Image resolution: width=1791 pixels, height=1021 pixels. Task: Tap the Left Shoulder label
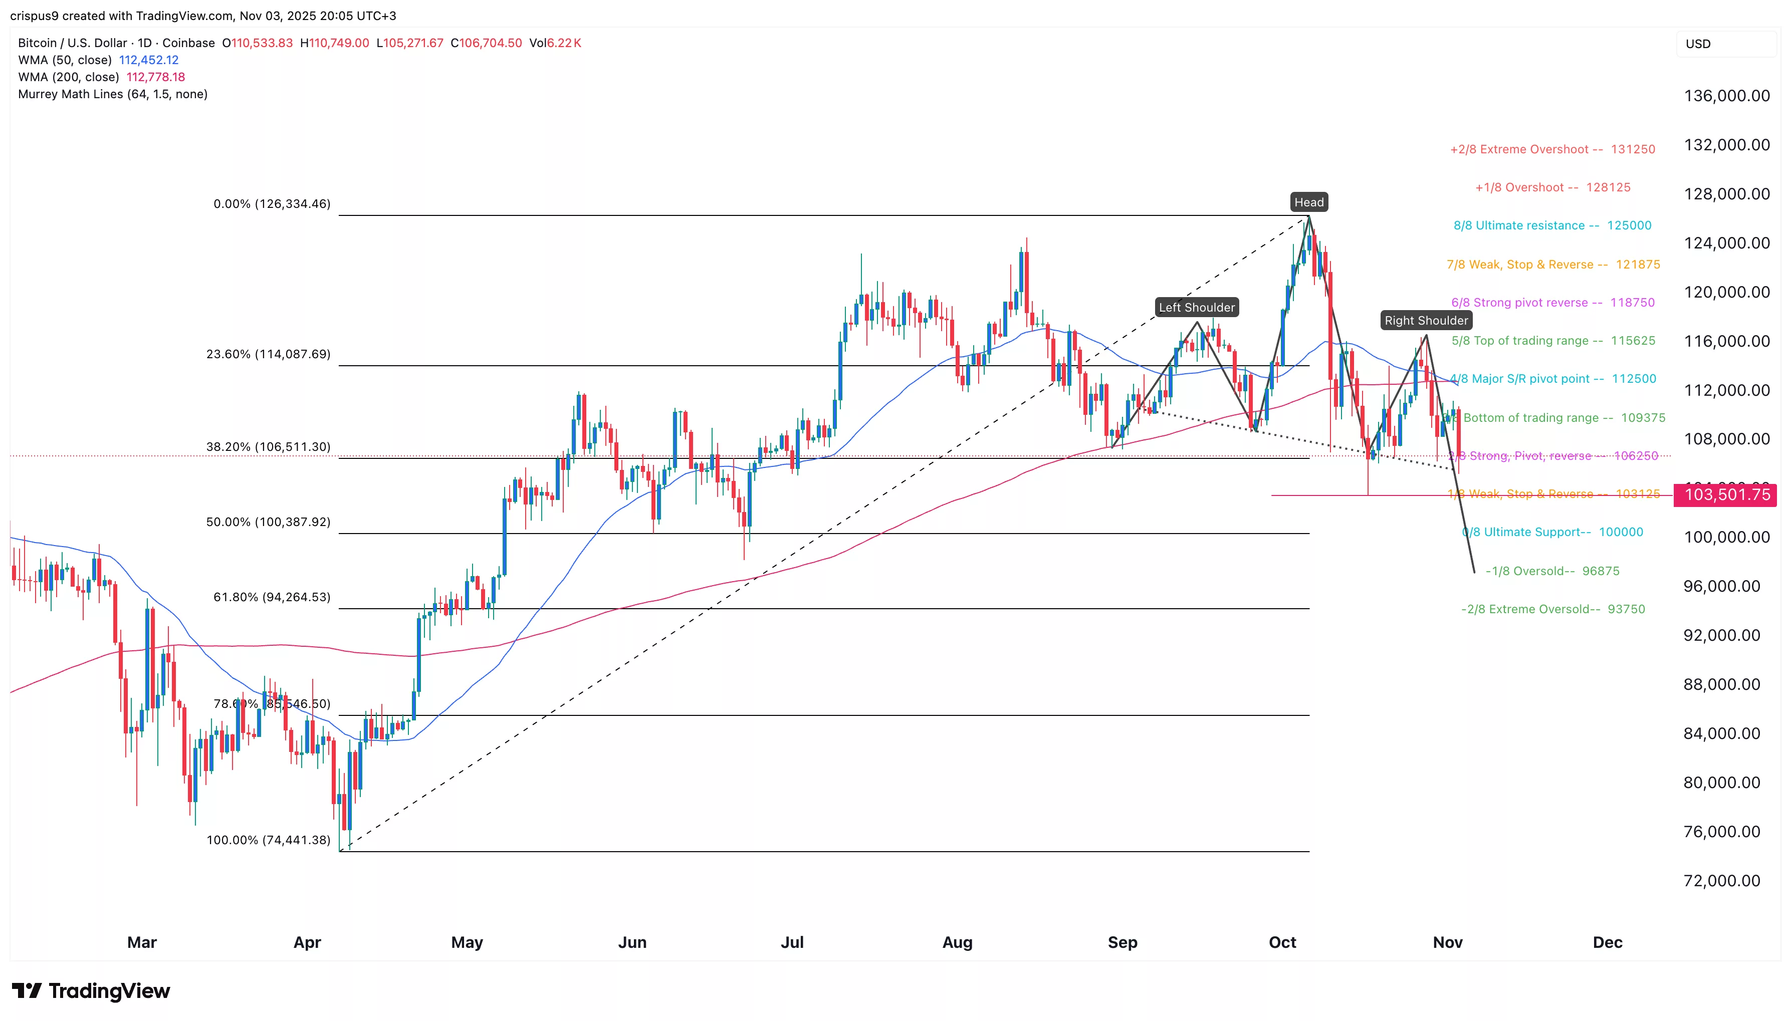1196,308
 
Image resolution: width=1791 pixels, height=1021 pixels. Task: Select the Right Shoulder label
1426,321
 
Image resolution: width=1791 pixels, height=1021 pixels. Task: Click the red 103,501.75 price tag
1726,495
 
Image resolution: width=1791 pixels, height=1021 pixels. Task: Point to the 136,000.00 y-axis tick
1726,96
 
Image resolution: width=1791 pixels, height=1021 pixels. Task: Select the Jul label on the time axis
792,942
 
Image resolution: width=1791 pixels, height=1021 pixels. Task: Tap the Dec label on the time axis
1607,942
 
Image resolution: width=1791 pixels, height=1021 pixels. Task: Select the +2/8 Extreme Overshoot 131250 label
1552,149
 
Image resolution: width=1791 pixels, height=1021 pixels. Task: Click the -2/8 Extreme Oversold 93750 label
1552,609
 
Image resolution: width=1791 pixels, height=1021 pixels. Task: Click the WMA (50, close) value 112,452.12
149,60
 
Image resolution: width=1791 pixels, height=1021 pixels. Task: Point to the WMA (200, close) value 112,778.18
156,77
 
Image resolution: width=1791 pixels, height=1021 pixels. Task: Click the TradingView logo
91,991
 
